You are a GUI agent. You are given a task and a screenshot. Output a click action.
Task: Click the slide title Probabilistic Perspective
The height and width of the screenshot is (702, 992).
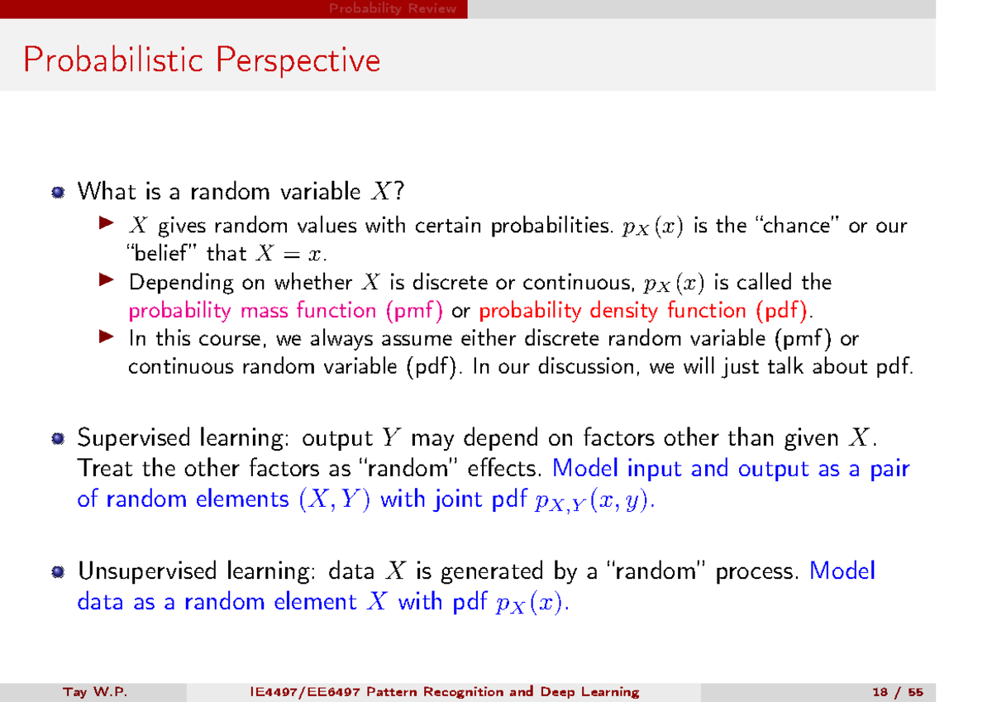(203, 60)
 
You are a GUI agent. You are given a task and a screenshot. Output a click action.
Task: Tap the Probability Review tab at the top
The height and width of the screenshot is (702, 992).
(393, 9)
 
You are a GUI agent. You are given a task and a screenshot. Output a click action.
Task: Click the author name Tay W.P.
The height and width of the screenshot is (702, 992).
(94, 692)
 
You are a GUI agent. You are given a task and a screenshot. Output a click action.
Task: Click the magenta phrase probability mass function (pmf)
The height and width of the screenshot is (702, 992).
(286, 311)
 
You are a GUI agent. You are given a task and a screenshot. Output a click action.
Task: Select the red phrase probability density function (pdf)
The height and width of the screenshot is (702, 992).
(646, 311)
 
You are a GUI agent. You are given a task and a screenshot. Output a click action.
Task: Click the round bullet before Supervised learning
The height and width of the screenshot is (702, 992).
(57, 438)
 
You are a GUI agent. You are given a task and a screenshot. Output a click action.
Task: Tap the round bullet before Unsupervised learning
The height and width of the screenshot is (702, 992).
(57, 572)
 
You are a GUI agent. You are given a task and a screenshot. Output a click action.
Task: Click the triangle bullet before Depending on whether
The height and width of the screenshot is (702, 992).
(104, 281)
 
